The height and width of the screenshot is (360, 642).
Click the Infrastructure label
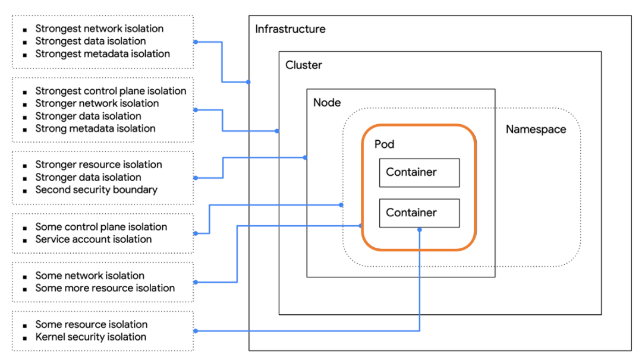tap(290, 29)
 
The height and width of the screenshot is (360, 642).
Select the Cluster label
tap(304, 65)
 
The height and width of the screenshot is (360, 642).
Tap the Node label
tap(327, 103)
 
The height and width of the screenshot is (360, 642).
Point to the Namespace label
tap(536, 130)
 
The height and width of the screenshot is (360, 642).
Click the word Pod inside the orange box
tap(384, 144)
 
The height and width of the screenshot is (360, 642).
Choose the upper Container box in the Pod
tap(419, 173)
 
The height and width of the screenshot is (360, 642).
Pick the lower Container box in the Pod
tap(419, 213)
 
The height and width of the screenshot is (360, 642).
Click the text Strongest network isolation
tap(99, 29)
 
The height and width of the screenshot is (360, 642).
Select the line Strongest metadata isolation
tap(102, 53)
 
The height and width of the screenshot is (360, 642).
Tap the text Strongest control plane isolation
tap(111, 91)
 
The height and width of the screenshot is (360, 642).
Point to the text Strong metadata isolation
tap(95, 128)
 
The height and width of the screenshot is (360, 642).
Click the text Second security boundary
tap(96, 190)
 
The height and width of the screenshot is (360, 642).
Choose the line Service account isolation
tap(93, 239)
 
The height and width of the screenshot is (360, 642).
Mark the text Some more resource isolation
tap(105, 288)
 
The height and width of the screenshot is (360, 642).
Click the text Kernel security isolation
tap(90, 337)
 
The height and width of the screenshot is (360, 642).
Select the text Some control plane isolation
tap(101, 227)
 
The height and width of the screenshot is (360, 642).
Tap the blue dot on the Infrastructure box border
tap(248, 82)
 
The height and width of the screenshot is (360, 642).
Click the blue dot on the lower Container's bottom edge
tap(420, 229)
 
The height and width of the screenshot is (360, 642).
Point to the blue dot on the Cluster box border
tap(278, 131)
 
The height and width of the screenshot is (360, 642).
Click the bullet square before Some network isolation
tap(24, 277)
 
